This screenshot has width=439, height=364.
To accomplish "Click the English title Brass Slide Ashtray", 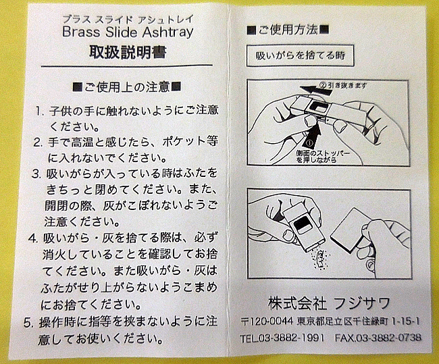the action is [x=128, y=32].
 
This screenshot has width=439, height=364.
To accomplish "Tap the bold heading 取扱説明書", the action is [x=128, y=52].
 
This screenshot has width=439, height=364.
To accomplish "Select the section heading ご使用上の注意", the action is [x=127, y=87].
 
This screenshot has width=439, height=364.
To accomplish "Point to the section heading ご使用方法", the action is [x=288, y=30].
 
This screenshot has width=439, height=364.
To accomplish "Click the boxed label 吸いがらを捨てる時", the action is [x=301, y=55].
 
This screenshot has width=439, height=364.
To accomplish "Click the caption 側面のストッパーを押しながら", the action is [x=323, y=157].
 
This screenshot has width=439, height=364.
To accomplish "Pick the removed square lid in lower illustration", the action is [x=349, y=230].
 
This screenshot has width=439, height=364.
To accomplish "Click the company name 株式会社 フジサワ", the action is [x=330, y=303].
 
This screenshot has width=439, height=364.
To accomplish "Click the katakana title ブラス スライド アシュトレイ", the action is [x=128, y=20].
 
